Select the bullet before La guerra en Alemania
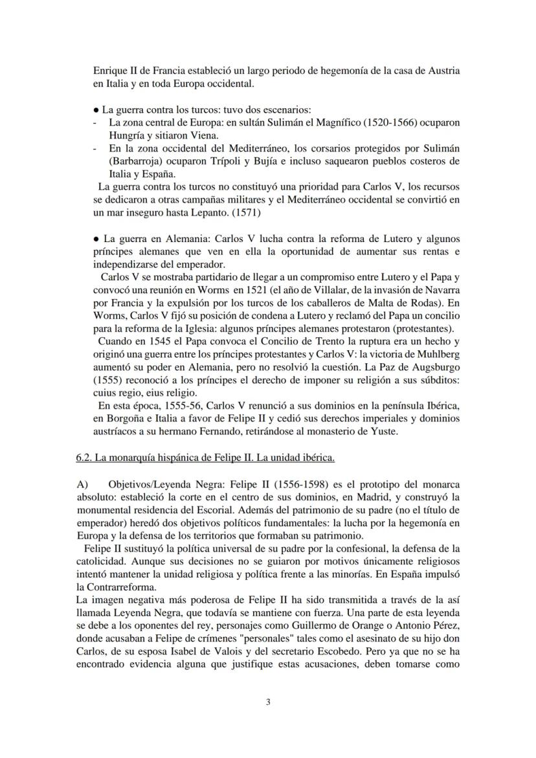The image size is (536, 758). point(96,239)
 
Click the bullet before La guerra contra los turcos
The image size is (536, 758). point(96,109)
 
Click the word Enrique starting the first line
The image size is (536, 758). point(111,71)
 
